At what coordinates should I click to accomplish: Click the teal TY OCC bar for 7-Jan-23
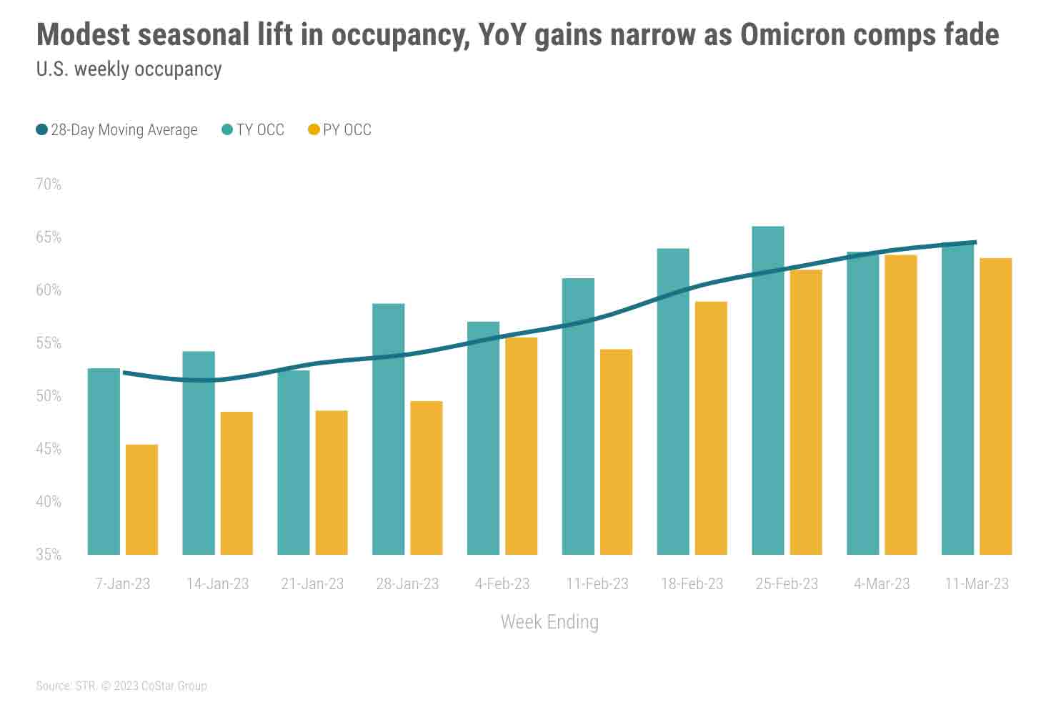(x=104, y=461)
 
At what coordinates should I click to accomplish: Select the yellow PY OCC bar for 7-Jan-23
(x=141, y=500)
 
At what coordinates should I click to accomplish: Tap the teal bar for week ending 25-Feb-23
(x=768, y=390)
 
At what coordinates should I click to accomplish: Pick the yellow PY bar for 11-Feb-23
(x=616, y=452)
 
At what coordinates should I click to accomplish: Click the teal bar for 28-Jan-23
(x=389, y=429)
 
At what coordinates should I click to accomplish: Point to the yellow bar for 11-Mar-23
(x=995, y=406)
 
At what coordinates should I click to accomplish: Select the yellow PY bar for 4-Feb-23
(x=521, y=445)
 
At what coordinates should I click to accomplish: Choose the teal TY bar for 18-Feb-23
(x=673, y=401)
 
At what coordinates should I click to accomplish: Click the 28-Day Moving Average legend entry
(x=117, y=130)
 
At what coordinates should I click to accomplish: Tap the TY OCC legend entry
(x=254, y=130)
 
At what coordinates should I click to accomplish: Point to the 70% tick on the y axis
(x=49, y=184)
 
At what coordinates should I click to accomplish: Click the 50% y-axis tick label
(x=49, y=396)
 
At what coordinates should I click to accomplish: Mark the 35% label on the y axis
(x=49, y=555)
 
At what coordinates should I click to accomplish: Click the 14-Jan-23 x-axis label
(x=217, y=584)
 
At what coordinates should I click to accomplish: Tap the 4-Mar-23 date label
(x=882, y=584)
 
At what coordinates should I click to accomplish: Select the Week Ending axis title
(x=549, y=622)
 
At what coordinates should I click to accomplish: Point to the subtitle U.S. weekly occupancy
(x=129, y=69)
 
